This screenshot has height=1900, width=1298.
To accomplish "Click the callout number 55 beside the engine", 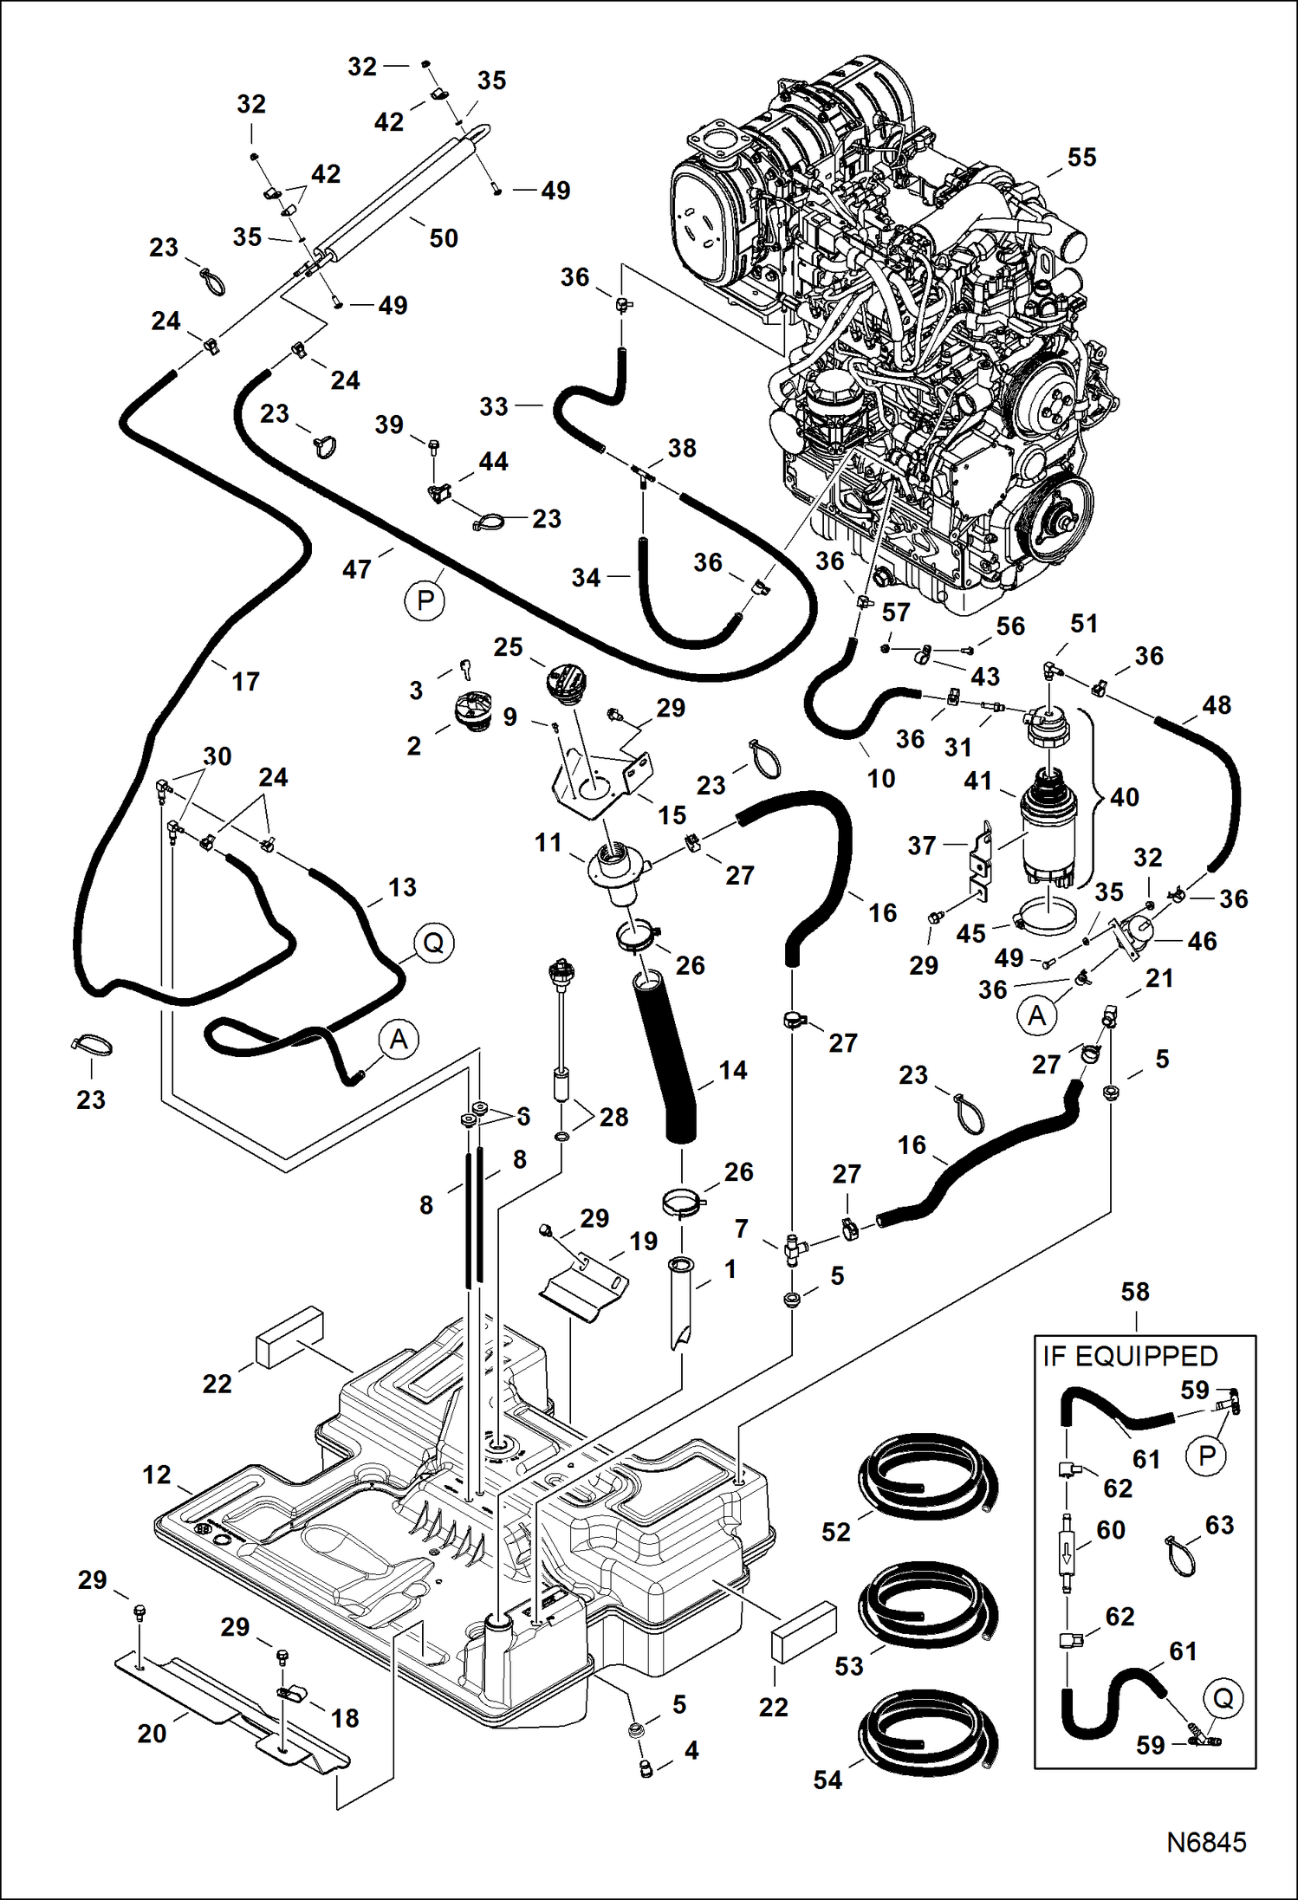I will tap(1081, 158).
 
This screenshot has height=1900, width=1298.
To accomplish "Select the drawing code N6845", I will tap(1205, 1841).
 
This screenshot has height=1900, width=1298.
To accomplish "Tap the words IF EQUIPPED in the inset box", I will tap(1130, 1356).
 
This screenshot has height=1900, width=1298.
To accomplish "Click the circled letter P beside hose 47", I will tap(425, 600).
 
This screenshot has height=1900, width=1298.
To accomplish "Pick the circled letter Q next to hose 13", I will tap(433, 943).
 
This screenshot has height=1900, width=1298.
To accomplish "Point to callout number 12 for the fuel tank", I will tap(157, 1475).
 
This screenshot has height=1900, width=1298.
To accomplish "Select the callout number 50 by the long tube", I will tap(443, 238).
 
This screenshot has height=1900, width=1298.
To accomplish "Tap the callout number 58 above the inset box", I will tap(1134, 1292).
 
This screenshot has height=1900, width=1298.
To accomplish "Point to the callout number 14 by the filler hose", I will tap(732, 1070).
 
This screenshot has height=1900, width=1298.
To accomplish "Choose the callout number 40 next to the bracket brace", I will tap(1124, 797).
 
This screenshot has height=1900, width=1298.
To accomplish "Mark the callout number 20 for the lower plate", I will tap(152, 1734).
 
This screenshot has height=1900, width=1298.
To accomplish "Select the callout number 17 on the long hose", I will tap(245, 682).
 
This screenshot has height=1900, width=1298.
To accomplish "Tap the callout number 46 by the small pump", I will tap(1201, 941).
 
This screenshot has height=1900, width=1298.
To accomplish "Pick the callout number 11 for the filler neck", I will tap(548, 842).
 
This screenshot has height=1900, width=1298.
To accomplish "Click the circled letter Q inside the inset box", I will tap(1223, 1697).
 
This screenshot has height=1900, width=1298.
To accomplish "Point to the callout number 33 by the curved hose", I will tap(493, 406).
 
